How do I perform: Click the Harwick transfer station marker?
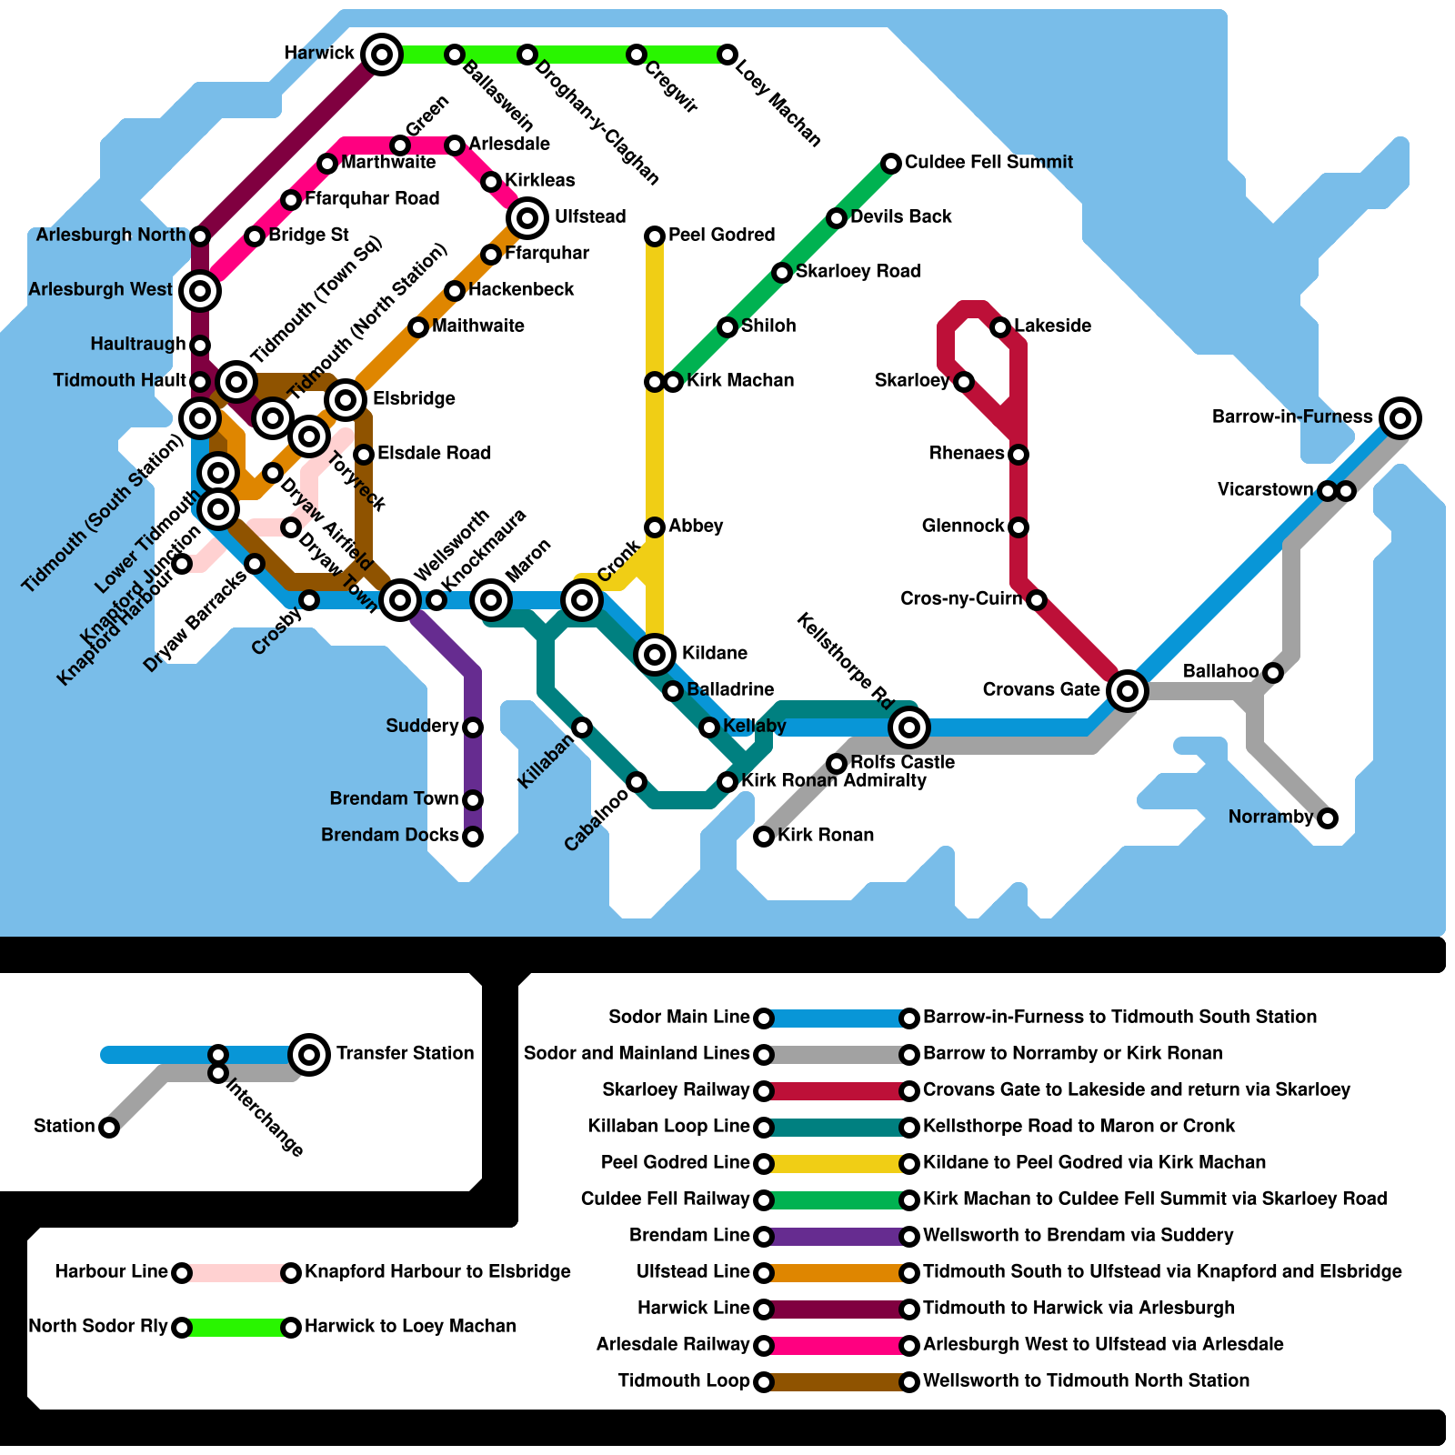pos(382,55)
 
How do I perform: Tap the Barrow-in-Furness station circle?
pos(1400,417)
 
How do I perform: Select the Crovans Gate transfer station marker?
pos(1127,690)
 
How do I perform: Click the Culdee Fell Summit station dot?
pos(891,164)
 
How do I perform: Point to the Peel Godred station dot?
pos(655,236)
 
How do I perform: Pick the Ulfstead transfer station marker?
pos(527,218)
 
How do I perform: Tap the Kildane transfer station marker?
pos(655,654)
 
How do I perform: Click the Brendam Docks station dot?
pos(473,837)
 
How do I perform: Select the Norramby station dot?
pos(1328,818)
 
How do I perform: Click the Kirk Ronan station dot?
pos(764,837)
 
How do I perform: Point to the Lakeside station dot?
pos(1000,327)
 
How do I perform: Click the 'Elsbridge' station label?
pos(414,398)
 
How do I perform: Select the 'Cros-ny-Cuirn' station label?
pos(960,598)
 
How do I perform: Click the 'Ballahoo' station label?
pos(1220,671)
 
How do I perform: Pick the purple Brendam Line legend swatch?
pos(837,1236)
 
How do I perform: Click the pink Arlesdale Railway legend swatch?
pos(837,1345)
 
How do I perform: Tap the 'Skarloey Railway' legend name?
pos(676,1089)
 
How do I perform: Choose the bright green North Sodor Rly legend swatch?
pos(236,1327)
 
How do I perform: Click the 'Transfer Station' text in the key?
pos(405,1053)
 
